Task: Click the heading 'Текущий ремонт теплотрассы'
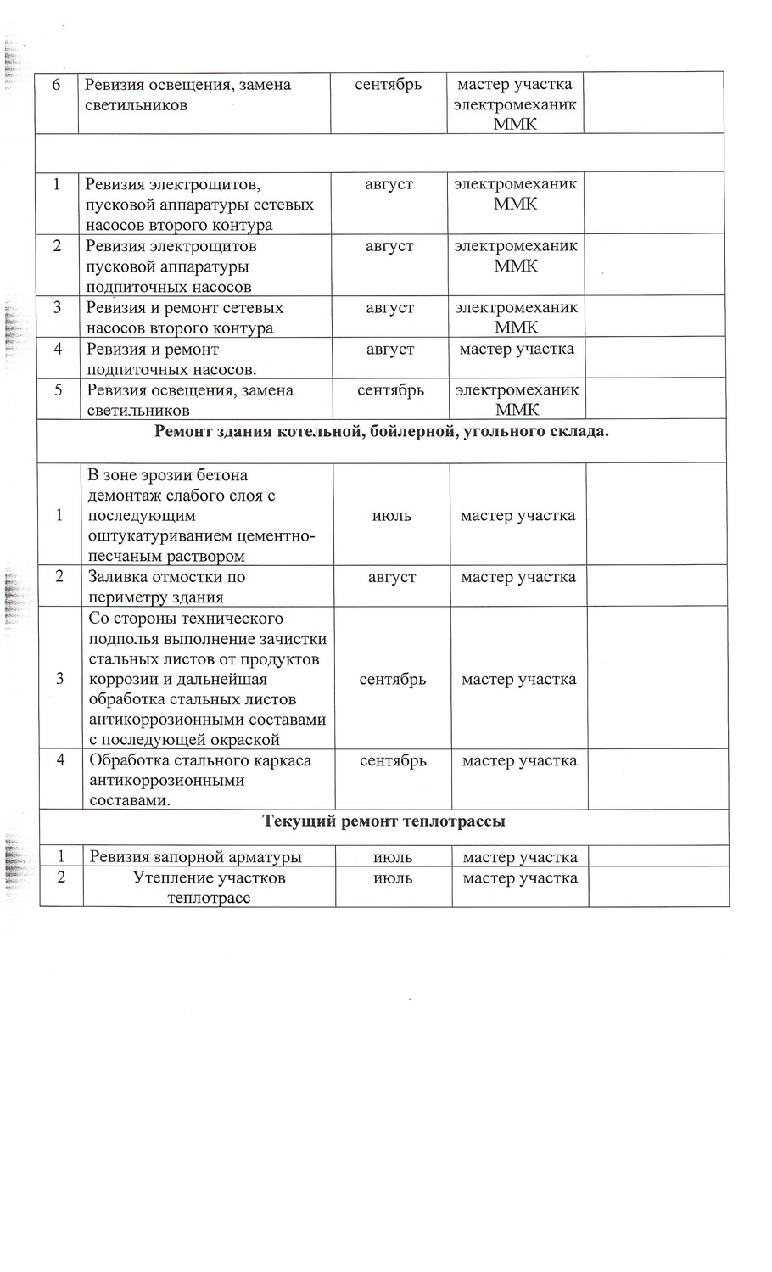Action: (384, 821)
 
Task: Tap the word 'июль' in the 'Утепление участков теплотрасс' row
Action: (393, 878)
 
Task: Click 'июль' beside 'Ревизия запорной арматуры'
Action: (393, 857)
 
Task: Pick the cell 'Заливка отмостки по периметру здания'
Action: (167, 586)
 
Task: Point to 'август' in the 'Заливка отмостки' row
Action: (392, 577)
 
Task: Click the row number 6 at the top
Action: (56, 85)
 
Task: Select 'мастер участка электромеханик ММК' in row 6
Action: (515, 104)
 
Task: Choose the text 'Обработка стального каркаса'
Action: (200, 760)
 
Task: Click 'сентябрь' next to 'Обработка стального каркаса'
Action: (393, 760)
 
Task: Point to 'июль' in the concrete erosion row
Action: (392, 516)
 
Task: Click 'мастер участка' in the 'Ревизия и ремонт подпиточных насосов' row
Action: (517, 349)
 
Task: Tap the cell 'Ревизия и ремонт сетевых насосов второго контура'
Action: (184, 317)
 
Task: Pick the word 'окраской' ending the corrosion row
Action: (247, 740)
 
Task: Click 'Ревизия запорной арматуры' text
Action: (196, 857)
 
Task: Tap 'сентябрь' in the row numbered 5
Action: (390, 390)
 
